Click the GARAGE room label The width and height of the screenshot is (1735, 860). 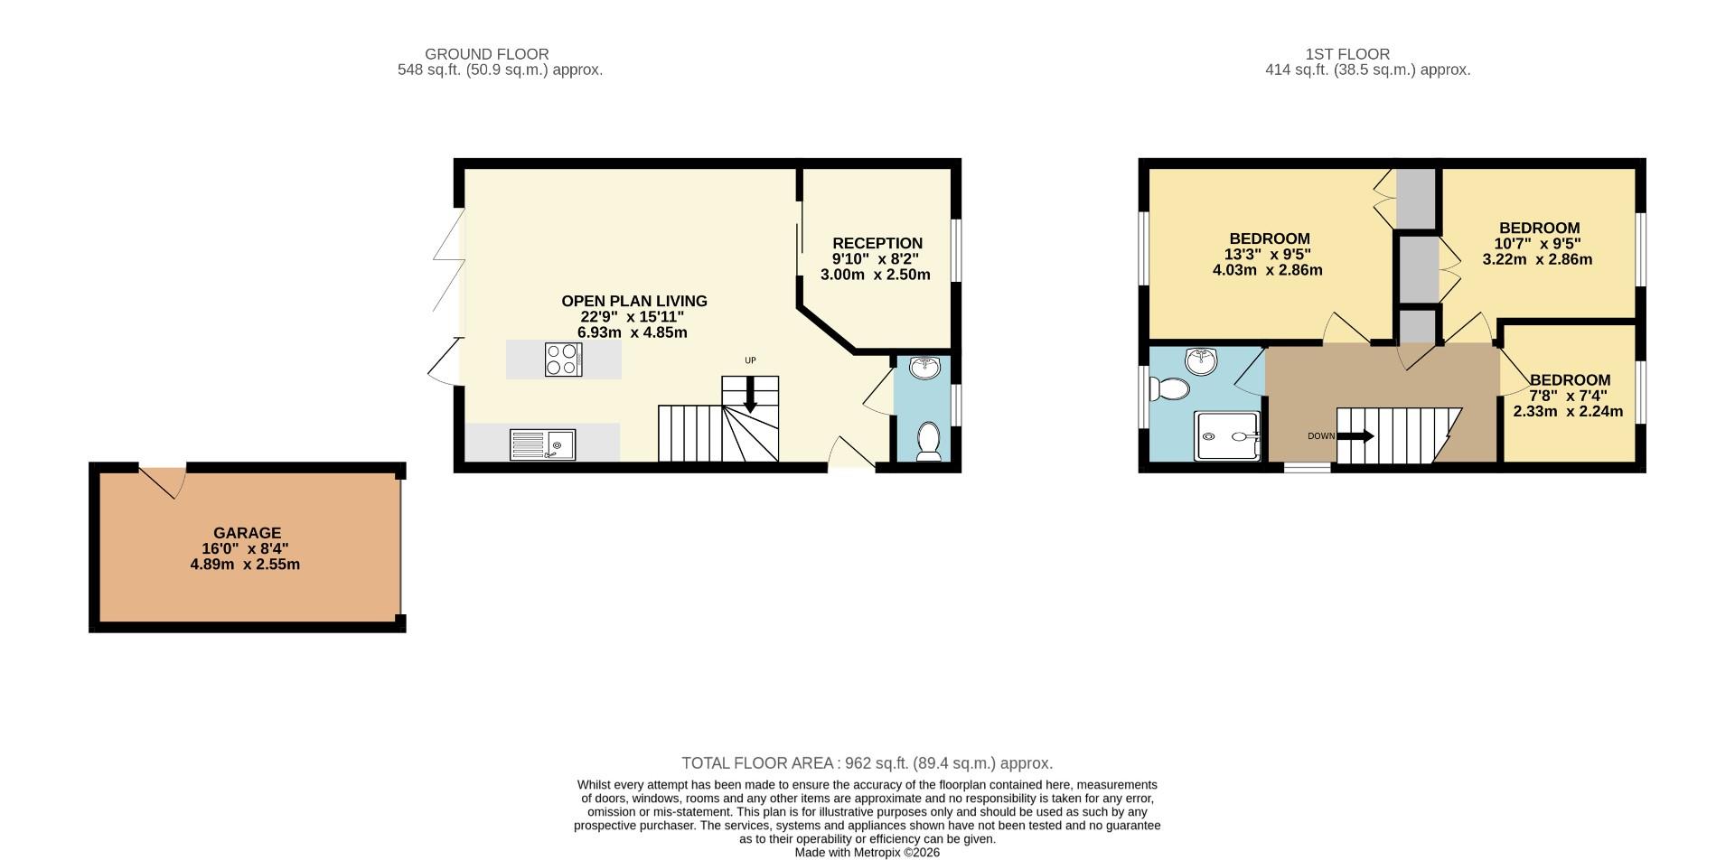(247, 533)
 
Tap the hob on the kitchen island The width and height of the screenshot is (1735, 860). (563, 360)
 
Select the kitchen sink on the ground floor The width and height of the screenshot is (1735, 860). (542, 444)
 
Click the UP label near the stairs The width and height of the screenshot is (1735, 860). (750, 360)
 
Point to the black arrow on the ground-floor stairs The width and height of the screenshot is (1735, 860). (750, 396)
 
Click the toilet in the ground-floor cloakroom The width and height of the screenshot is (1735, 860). (928, 442)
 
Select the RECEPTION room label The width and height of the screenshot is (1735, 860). (877, 243)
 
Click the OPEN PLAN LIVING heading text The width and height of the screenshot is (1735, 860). (633, 301)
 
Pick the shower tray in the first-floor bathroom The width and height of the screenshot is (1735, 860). (1226, 436)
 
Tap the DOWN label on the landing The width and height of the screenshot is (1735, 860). (1320, 436)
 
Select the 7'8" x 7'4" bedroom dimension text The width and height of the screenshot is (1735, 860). (1568, 396)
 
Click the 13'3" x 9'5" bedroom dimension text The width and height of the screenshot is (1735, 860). (1267, 255)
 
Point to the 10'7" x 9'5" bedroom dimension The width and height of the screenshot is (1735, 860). (1537, 244)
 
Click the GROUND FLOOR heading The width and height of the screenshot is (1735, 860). (486, 54)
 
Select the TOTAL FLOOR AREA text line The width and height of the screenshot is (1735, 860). (867, 763)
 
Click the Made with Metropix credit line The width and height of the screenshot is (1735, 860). (867, 852)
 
